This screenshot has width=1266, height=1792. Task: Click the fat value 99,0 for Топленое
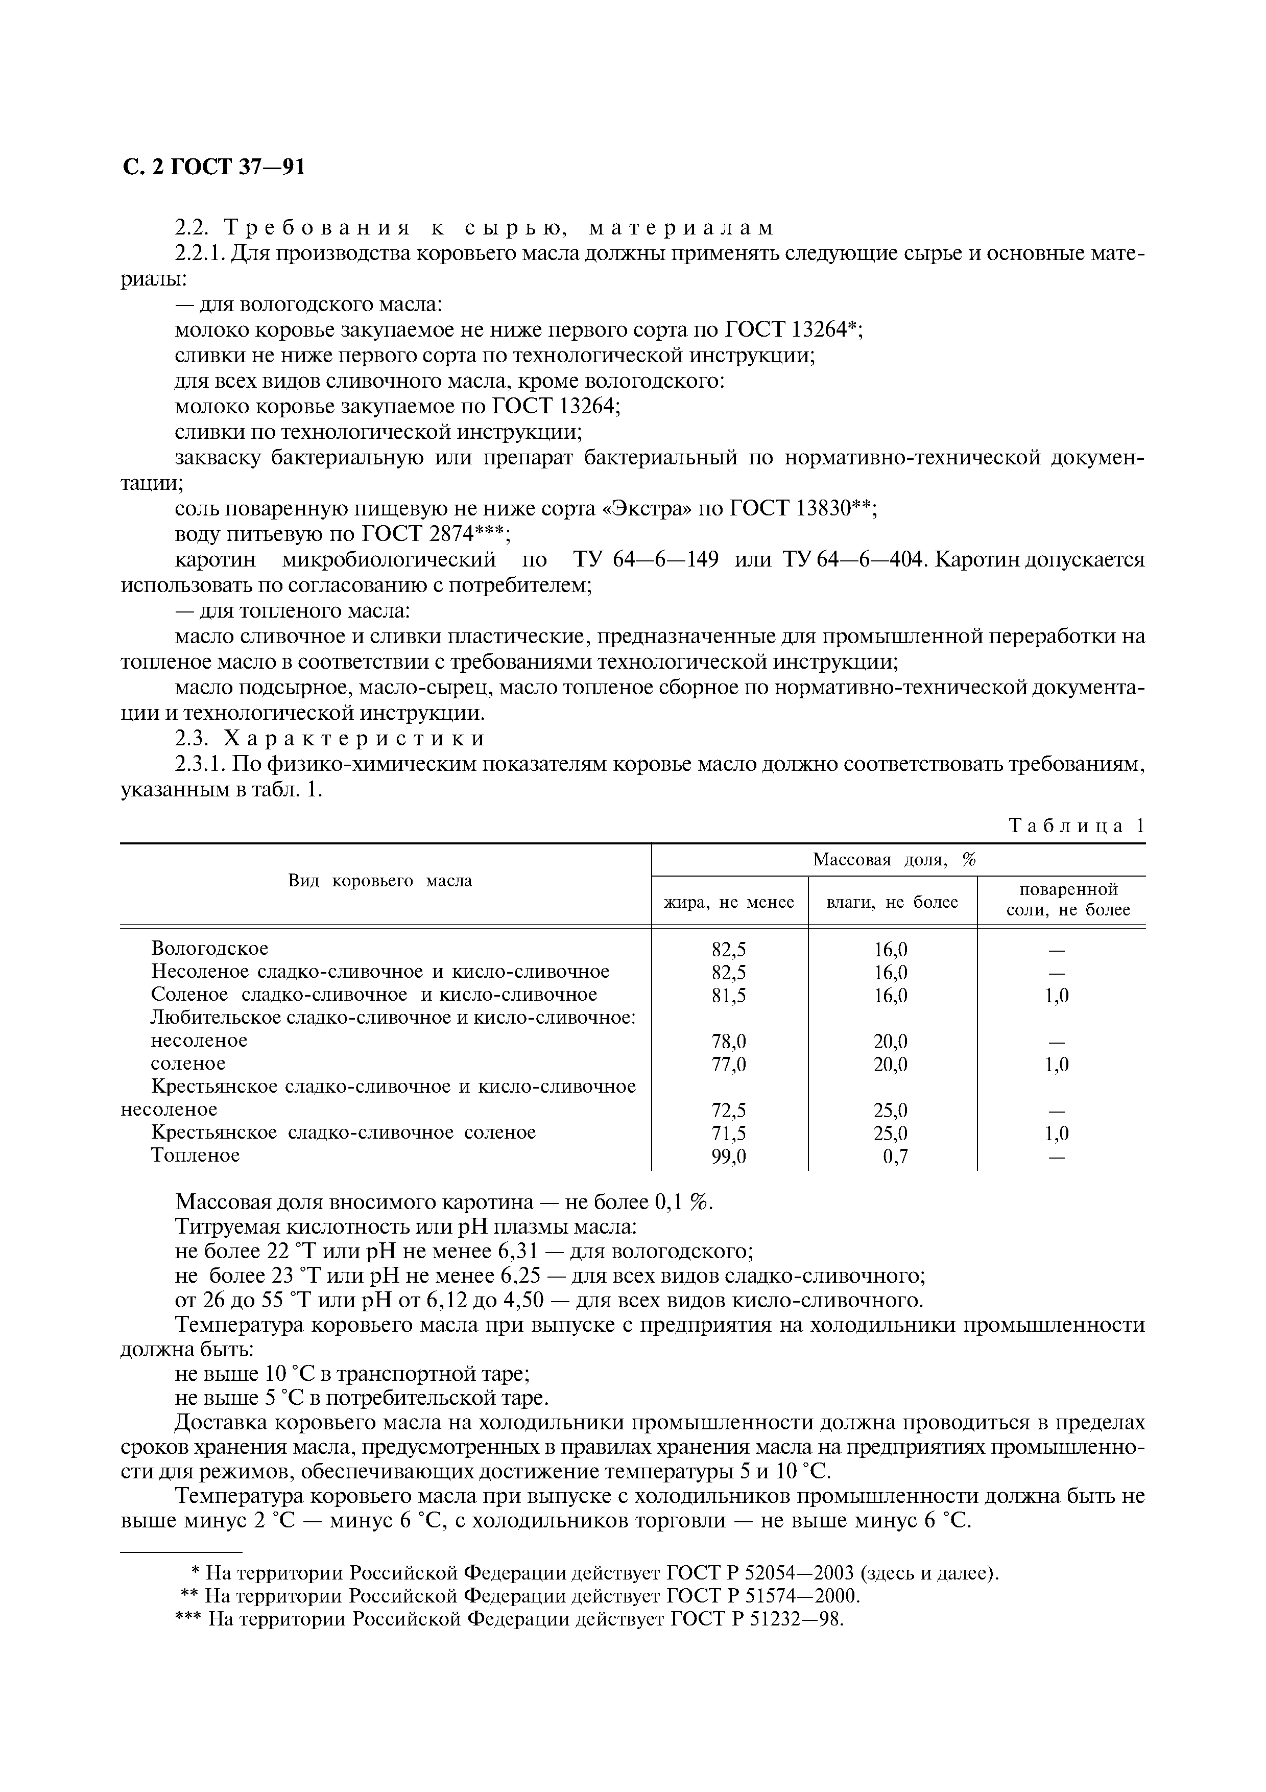[729, 1156]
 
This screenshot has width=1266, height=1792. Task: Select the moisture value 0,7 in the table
[895, 1156]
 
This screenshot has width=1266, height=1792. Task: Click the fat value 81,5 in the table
[729, 995]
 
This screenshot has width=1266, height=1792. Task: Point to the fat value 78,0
[729, 1041]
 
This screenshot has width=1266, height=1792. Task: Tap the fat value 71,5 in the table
[729, 1133]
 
